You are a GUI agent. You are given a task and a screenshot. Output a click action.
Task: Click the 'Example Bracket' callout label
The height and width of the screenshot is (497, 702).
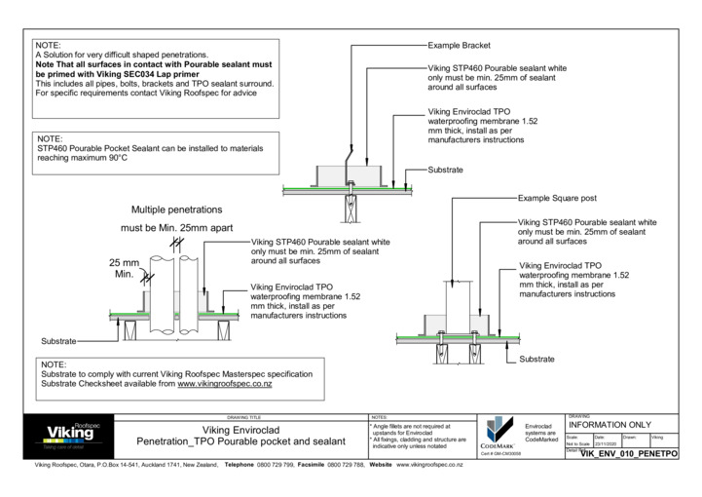click(x=460, y=46)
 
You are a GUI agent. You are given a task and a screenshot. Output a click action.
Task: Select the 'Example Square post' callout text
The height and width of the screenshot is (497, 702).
click(x=558, y=198)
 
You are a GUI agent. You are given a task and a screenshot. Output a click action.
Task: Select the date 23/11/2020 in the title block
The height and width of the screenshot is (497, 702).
click(x=606, y=444)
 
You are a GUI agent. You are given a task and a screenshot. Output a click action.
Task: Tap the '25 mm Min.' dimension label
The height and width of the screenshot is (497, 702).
click(x=125, y=269)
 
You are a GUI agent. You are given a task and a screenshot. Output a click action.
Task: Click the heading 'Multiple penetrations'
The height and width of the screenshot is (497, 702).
click(x=177, y=210)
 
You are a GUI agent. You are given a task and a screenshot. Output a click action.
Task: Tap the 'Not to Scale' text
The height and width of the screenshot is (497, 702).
click(x=578, y=444)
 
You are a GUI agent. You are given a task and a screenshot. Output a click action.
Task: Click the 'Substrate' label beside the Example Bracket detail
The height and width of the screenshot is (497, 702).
click(x=446, y=170)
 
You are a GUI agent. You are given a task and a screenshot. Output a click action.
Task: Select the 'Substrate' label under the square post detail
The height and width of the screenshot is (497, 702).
click(x=536, y=359)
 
